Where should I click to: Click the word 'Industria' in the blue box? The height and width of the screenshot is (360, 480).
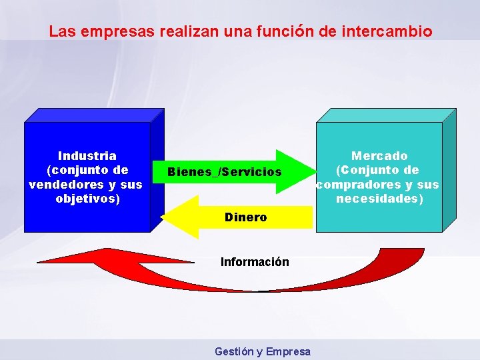(87, 155)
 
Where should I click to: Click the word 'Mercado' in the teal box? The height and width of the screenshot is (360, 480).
(379, 155)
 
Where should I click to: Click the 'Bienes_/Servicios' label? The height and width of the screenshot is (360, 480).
(225, 172)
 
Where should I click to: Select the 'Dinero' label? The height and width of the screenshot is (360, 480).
(245, 217)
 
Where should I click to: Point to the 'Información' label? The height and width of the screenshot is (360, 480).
(255, 262)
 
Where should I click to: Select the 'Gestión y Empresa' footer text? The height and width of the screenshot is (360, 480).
(263, 351)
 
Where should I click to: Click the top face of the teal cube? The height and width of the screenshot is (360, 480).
(386, 115)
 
